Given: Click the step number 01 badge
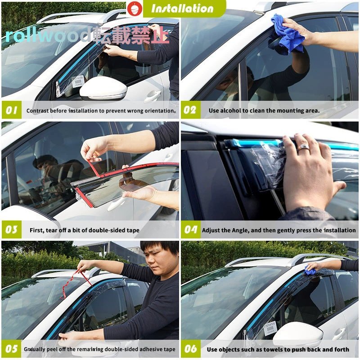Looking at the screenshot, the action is point(12,110).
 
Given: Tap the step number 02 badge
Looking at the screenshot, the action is point(190,110).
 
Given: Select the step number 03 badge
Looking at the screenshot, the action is point(12,229).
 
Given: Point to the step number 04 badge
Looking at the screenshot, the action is point(190,229).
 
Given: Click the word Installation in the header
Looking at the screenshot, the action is point(182,9).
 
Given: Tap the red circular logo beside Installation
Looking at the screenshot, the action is point(135,9).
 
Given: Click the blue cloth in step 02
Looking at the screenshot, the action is point(288,35).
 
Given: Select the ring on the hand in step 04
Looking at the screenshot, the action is point(303,147).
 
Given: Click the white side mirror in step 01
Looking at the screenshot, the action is point(103,88).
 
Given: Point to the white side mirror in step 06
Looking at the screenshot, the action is point(298,332).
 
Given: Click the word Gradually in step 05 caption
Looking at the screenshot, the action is point(34,350).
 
